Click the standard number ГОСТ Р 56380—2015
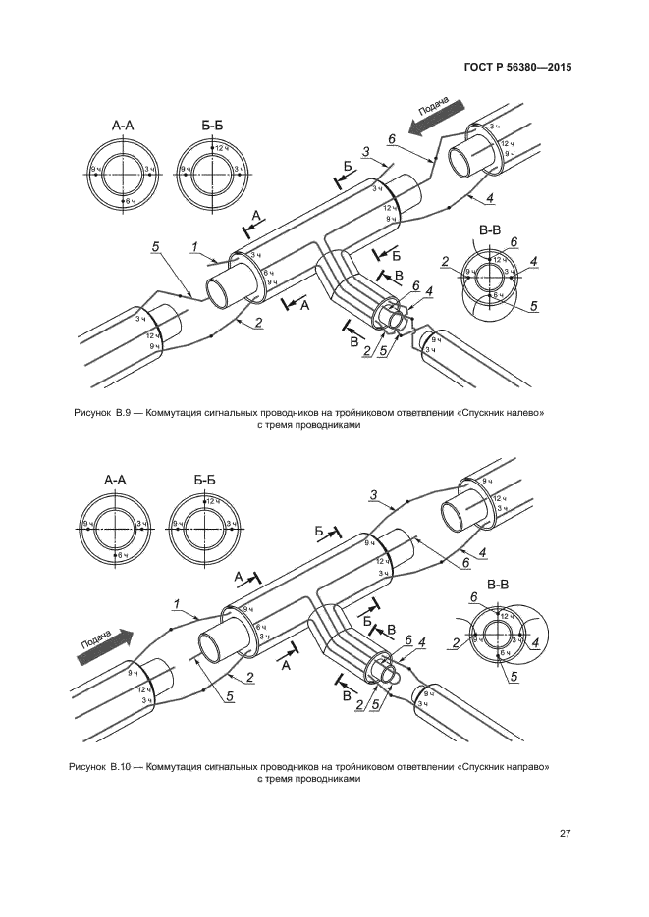click(x=516, y=68)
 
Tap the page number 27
click(x=566, y=834)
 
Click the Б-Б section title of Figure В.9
click(x=212, y=126)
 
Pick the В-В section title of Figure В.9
click(x=489, y=229)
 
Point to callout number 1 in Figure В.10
click(x=175, y=602)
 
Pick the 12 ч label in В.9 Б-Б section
click(x=221, y=147)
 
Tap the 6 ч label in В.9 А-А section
click(x=125, y=200)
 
